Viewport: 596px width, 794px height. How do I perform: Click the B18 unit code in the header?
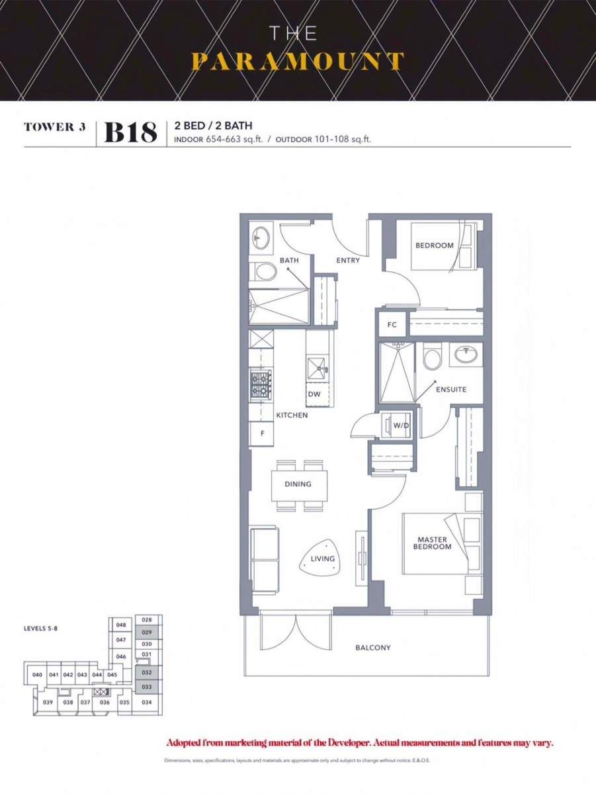pos(130,133)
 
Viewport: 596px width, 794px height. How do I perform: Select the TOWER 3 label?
pos(55,127)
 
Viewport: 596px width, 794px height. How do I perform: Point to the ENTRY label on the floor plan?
pos(348,260)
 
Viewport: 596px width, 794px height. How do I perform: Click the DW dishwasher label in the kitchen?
pos(314,394)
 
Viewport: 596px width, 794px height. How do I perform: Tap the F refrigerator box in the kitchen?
pos(262,433)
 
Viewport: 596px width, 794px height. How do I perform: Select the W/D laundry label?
pos(401,425)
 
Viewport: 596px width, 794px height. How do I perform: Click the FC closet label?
pos(392,325)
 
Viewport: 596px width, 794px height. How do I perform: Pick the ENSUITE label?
pos(451,390)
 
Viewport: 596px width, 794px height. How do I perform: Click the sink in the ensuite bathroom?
pos(466,355)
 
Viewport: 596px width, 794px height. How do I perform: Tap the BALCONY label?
pos(373,648)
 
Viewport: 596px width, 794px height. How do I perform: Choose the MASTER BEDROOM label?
pos(432,543)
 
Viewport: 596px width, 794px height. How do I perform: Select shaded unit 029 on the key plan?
pos(147,633)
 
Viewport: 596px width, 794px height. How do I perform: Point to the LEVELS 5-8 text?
pos(40,629)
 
